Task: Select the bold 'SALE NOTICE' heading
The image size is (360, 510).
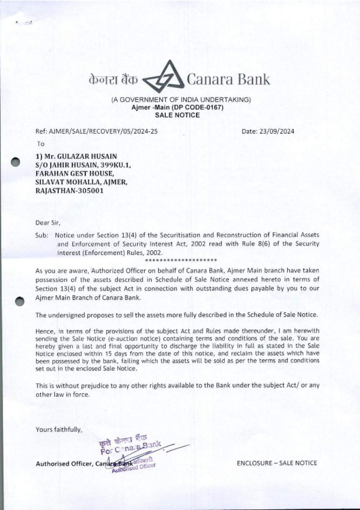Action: point(177,115)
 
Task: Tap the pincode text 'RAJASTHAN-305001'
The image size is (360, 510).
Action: point(69,191)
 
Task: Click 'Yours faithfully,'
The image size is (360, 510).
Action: point(59,429)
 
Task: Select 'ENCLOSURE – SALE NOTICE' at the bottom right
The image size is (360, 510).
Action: point(277,463)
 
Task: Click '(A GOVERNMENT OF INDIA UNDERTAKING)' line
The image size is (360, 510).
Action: point(180,100)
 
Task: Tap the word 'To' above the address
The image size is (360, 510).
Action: point(41,144)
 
